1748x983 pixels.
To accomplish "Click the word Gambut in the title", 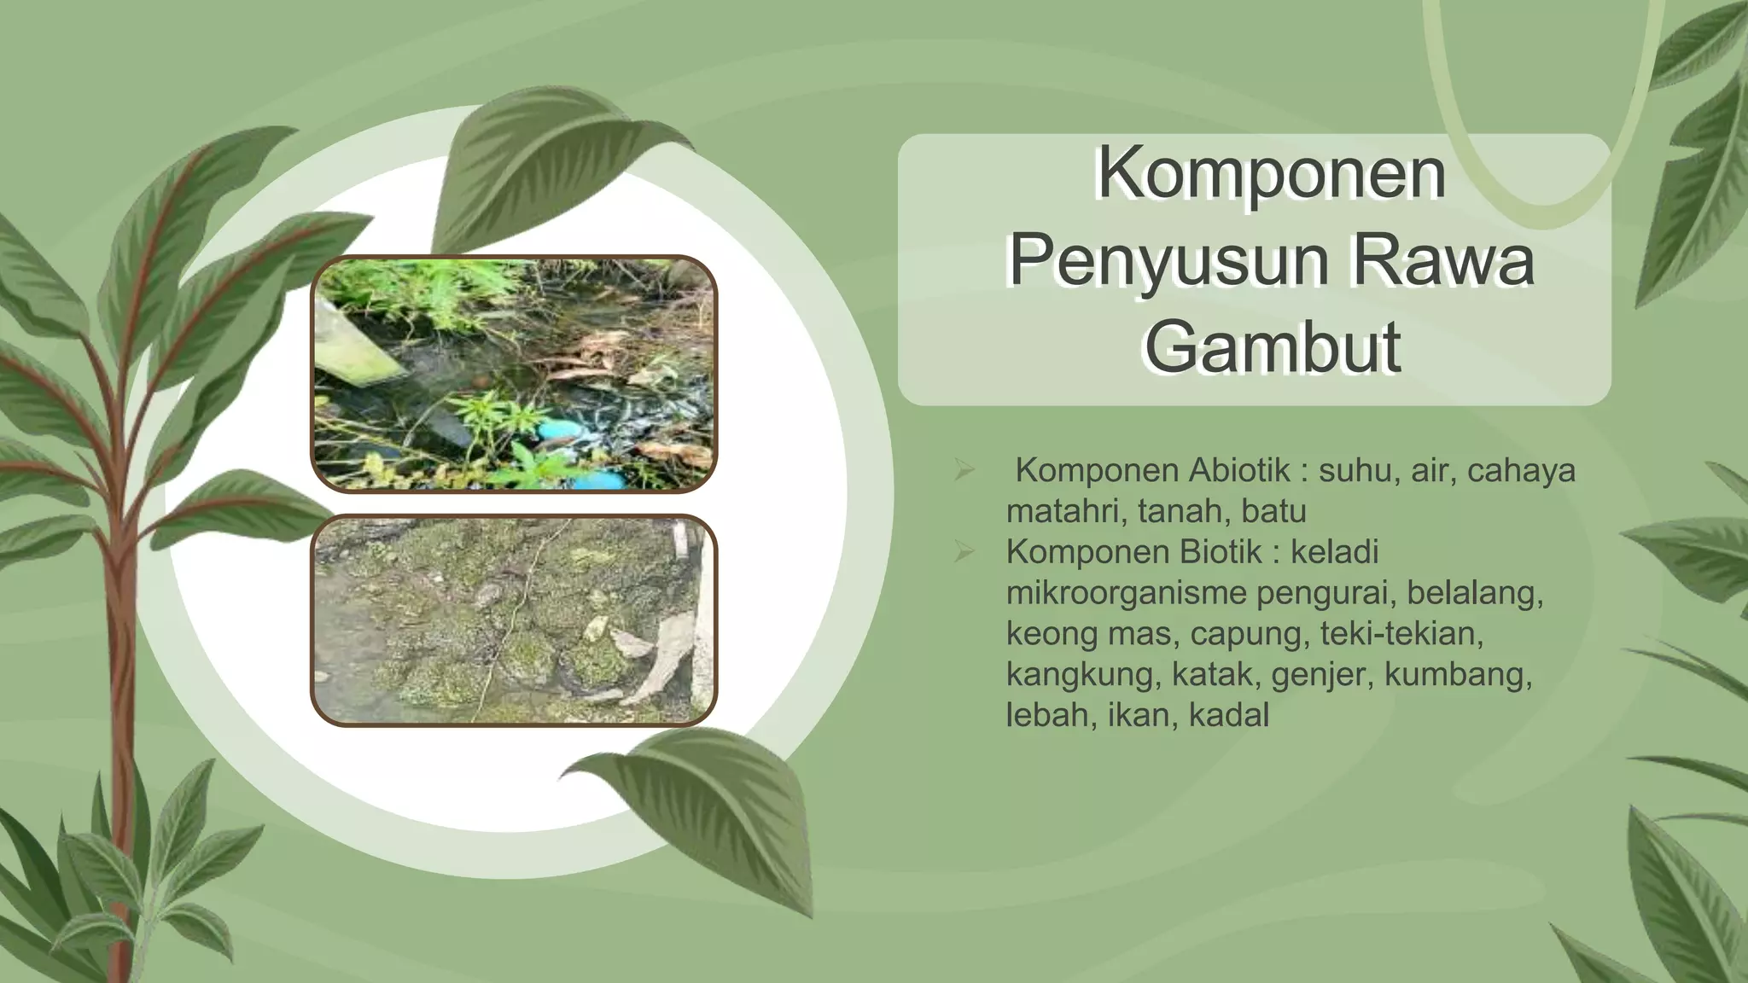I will click(1271, 346).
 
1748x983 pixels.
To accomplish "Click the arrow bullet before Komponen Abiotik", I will click(964, 471).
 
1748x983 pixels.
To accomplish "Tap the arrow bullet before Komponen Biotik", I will click(964, 553).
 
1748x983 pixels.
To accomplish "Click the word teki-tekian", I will click(1401, 634).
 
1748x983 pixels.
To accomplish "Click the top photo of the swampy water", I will click(514, 374).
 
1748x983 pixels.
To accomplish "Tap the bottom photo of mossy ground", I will click(514, 620).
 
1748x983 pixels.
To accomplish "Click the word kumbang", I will click(1458, 675).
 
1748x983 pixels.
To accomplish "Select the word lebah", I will click(1052, 715).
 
